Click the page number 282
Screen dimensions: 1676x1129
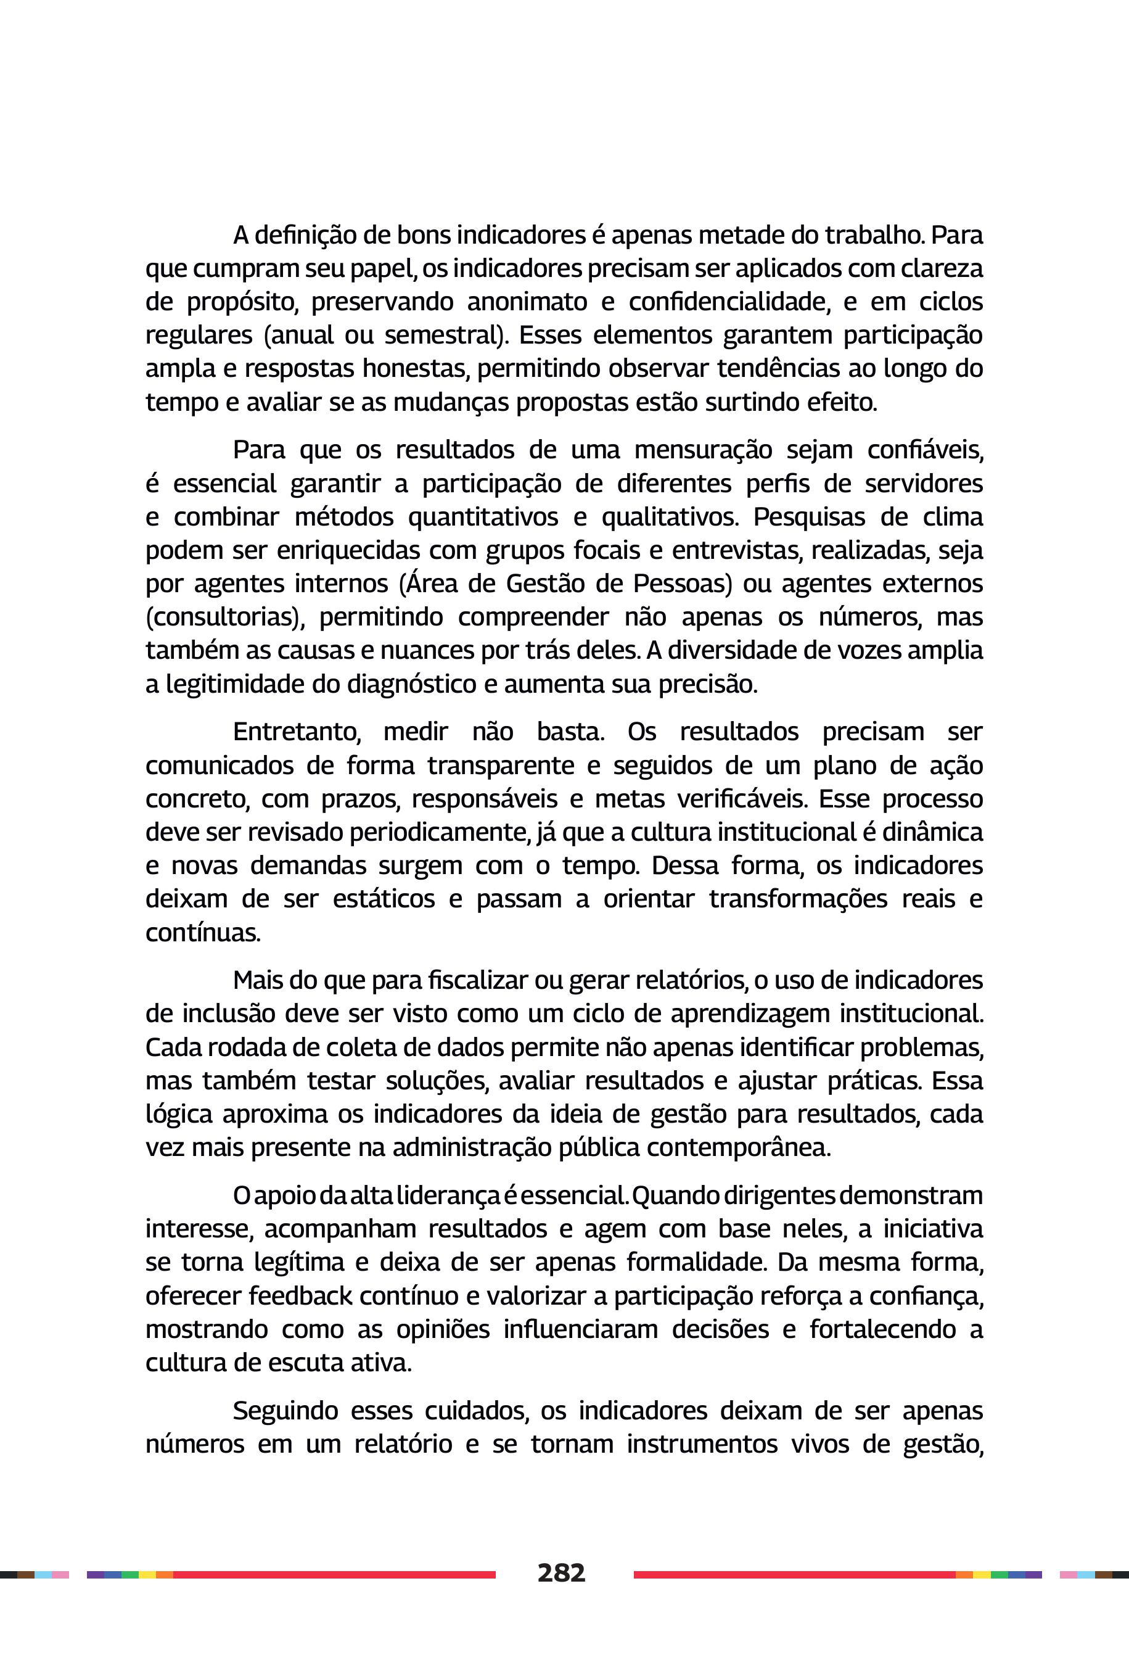pyautogui.click(x=561, y=1572)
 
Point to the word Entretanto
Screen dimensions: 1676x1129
pyautogui.click(x=296, y=732)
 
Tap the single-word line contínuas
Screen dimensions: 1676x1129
pyautogui.click(x=202, y=933)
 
